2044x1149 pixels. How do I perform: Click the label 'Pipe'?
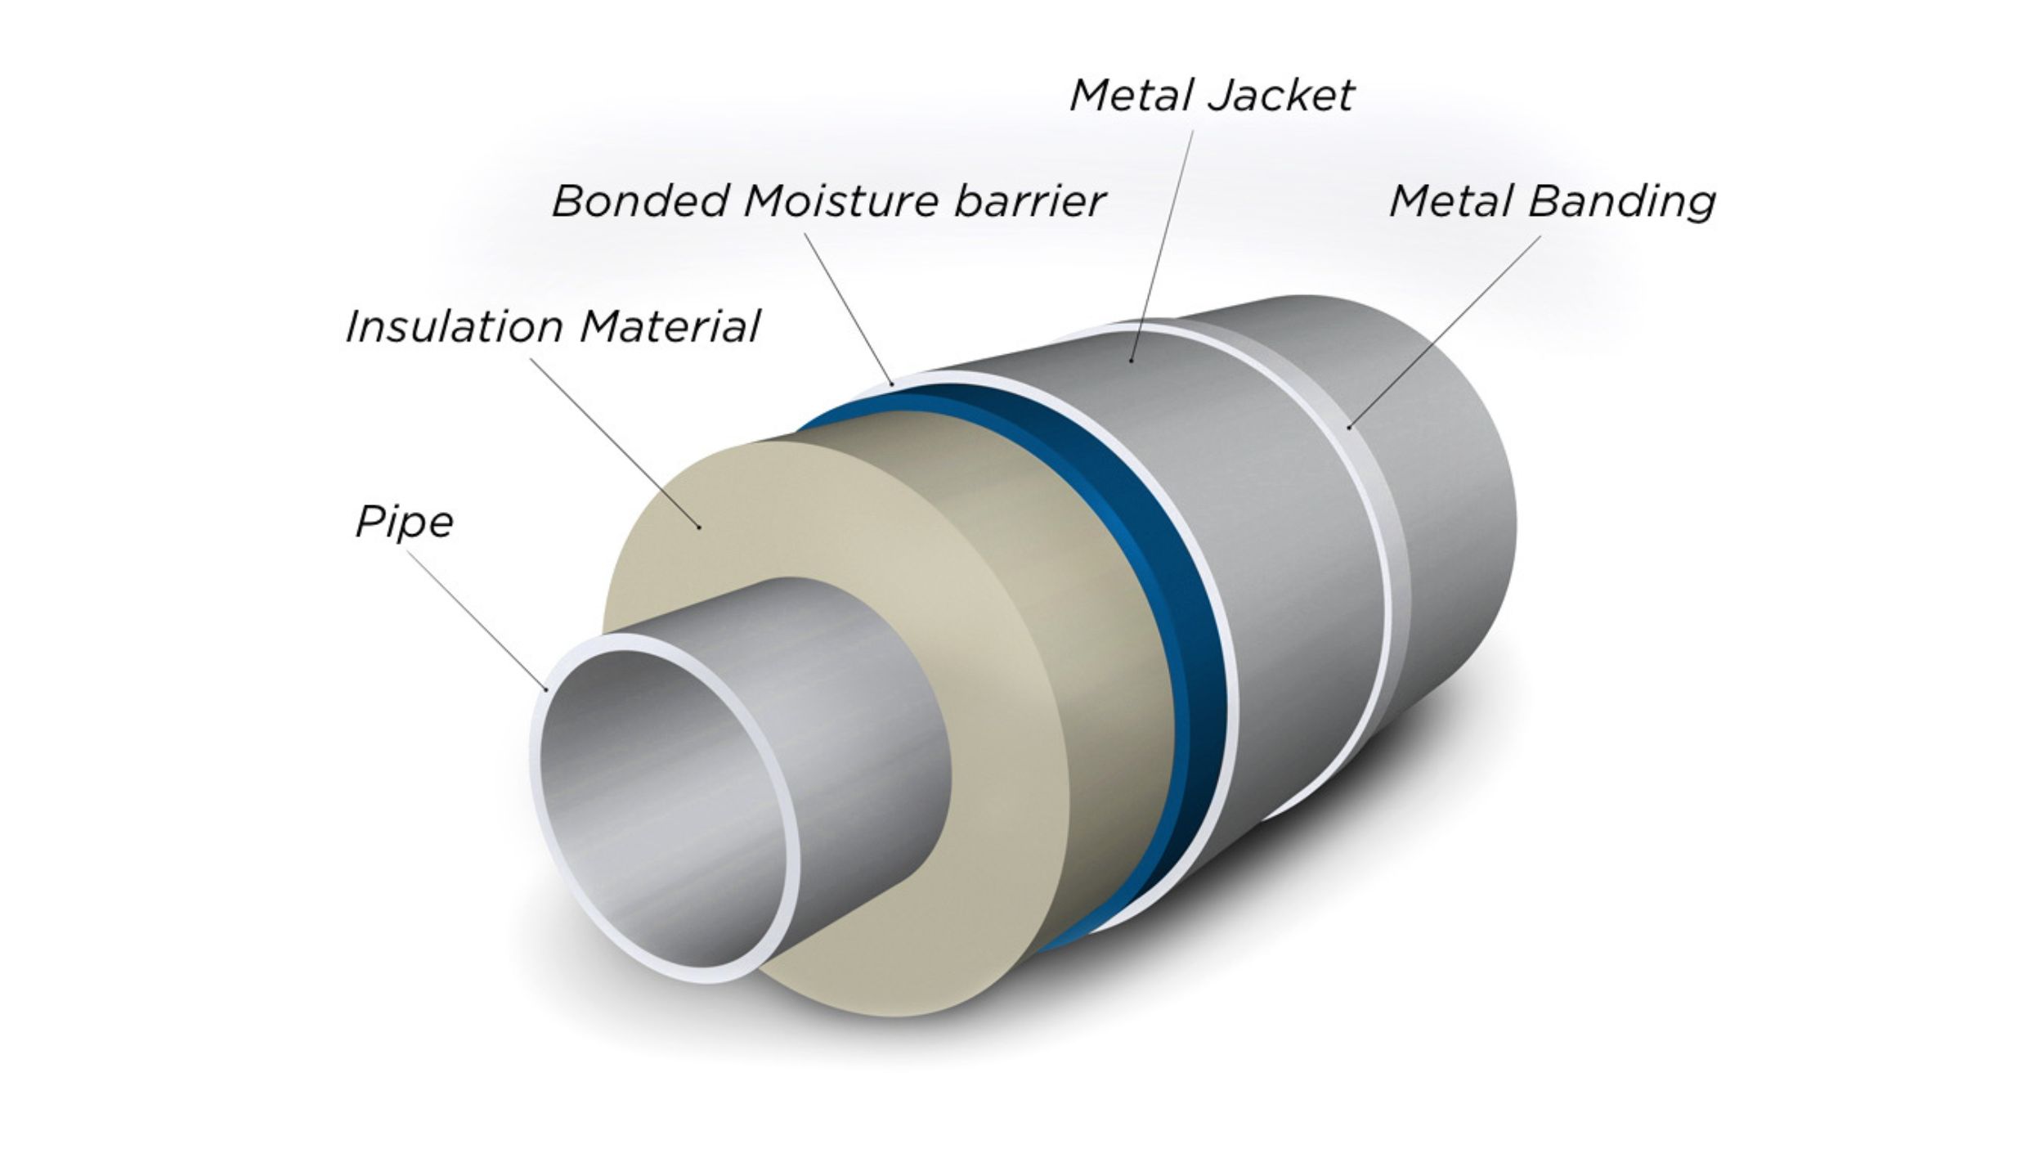pyautogui.click(x=404, y=523)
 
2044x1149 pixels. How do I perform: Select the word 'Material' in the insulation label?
pyautogui.click(x=670, y=326)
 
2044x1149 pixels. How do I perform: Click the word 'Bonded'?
pyautogui.click(x=640, y=200)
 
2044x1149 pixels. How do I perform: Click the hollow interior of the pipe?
pyautogui.click(x=662, y=810)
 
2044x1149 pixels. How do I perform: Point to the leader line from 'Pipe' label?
pyautogui.click(x=477, y=621)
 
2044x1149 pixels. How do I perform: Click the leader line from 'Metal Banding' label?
pyautogui.click(x=1445, y=330)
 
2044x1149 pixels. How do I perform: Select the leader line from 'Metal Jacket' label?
pyautogui.click(x=1162, y=245)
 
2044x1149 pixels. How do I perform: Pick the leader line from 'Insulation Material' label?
pyautogui.click(x=616, y=442)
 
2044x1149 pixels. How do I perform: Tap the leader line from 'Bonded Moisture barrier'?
pyautogui.click(x=847, y=308)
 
